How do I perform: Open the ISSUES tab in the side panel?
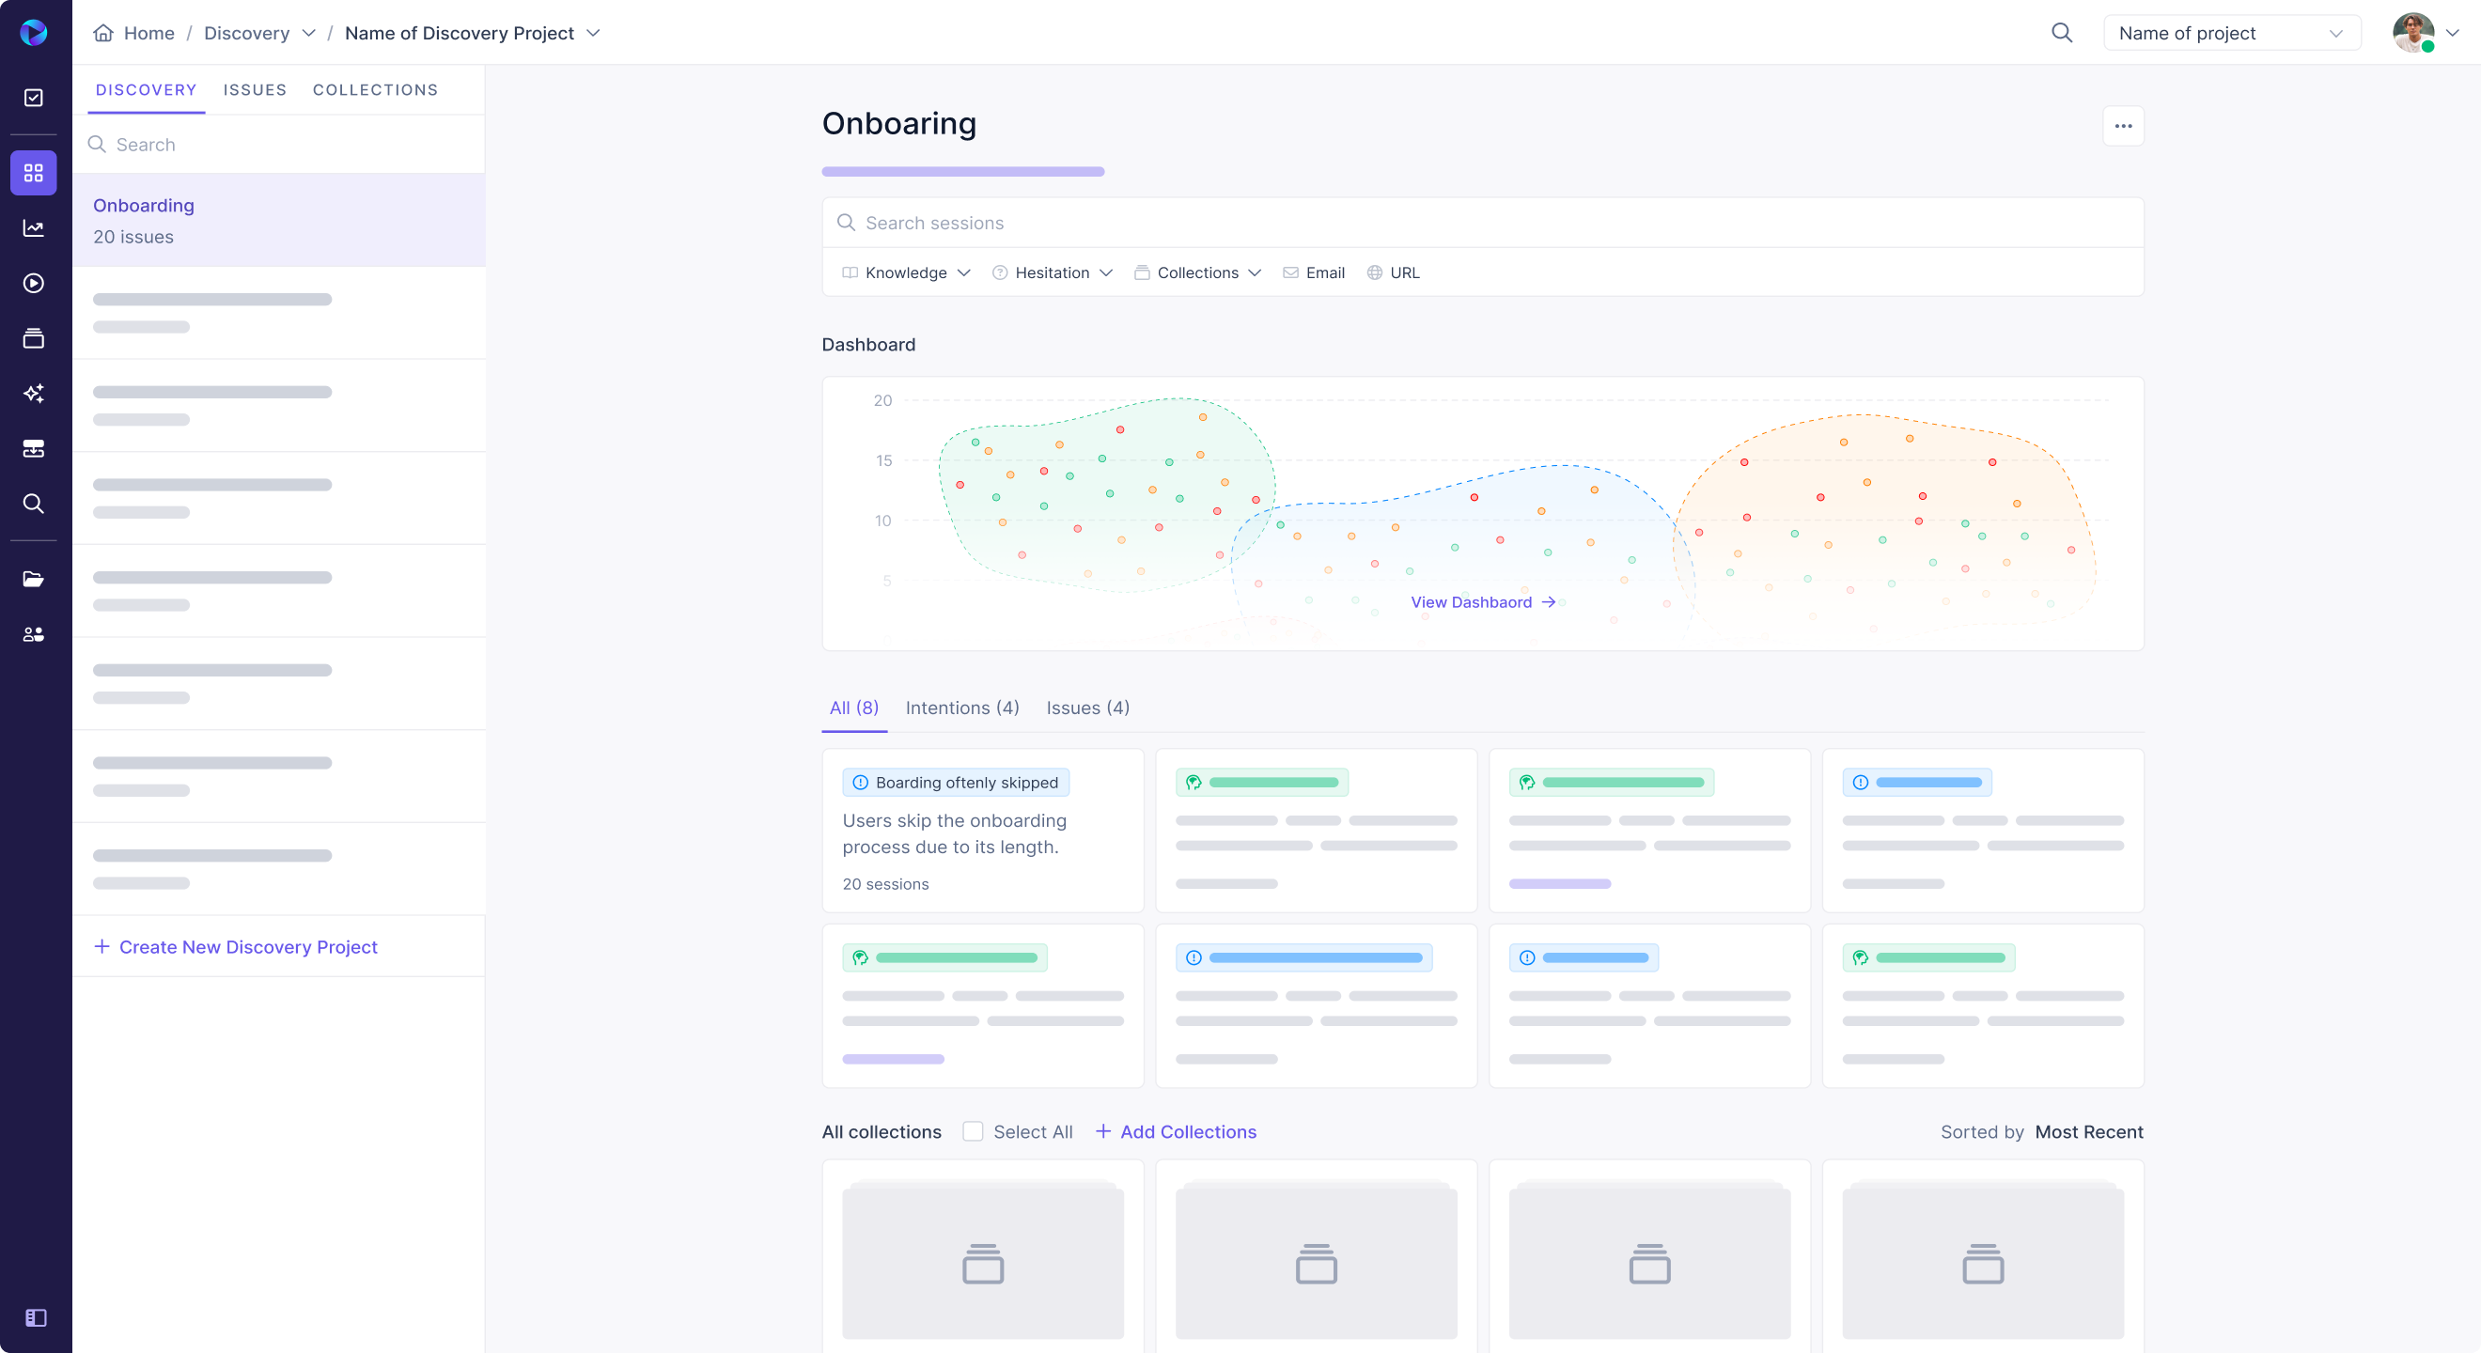[x=255, y=89]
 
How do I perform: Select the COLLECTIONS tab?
[x=375, y=89]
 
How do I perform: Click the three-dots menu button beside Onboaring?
[x=2123, y=126]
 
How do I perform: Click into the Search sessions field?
[x=1483, y=224]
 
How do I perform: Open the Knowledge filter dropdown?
[x=905, y=272]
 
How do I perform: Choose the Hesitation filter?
[x=1052, y=272]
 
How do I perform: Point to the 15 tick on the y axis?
[x=883, y=460]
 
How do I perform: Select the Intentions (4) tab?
[x=962, y=708]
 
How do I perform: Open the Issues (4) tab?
[x=1087, y=708]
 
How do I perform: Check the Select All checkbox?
[x=973, y=1131]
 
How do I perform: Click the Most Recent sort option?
[x=2088, y=1131]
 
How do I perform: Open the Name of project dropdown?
[x=2231, y=33]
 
